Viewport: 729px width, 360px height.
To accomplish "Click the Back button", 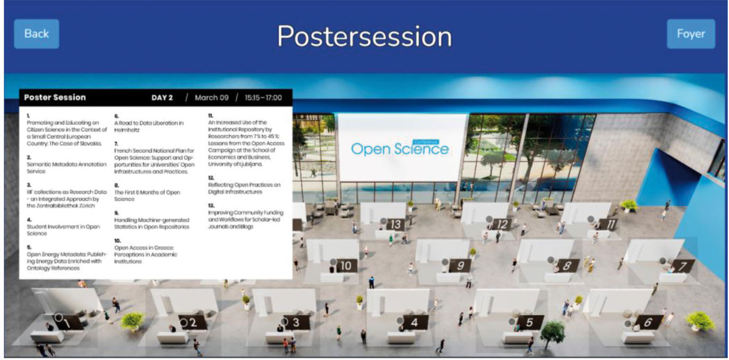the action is click(36, 34).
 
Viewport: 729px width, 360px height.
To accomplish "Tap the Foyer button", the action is click(691, 34).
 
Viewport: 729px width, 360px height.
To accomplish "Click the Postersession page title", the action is click(365, 36).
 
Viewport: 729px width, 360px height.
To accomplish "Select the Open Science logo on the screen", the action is click(400, 148).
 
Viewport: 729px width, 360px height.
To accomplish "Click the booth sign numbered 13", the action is click(395, 224).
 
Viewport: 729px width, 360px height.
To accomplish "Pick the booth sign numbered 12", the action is click(502, 224).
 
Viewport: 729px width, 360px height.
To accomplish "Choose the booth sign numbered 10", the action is click(346, 266).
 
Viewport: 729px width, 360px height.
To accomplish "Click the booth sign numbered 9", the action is click(460, 266).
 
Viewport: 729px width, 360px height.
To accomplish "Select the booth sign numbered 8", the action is click(567, 266).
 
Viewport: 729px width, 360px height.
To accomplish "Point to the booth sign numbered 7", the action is click(682, 266).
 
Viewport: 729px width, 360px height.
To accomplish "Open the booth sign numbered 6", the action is click(648, 322).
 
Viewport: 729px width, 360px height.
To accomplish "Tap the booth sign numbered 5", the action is click(529, 322).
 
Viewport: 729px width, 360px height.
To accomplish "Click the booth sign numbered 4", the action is click(415, 322).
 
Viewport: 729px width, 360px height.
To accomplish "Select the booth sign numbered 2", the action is click(193, 322).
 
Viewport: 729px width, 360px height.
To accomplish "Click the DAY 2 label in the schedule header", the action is click(162, 97).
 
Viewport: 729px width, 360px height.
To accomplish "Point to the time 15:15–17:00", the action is click(263, 97).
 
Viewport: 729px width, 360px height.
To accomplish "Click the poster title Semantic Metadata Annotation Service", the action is click(67, 168).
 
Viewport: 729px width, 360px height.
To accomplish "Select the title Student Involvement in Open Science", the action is click(63, 230).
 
